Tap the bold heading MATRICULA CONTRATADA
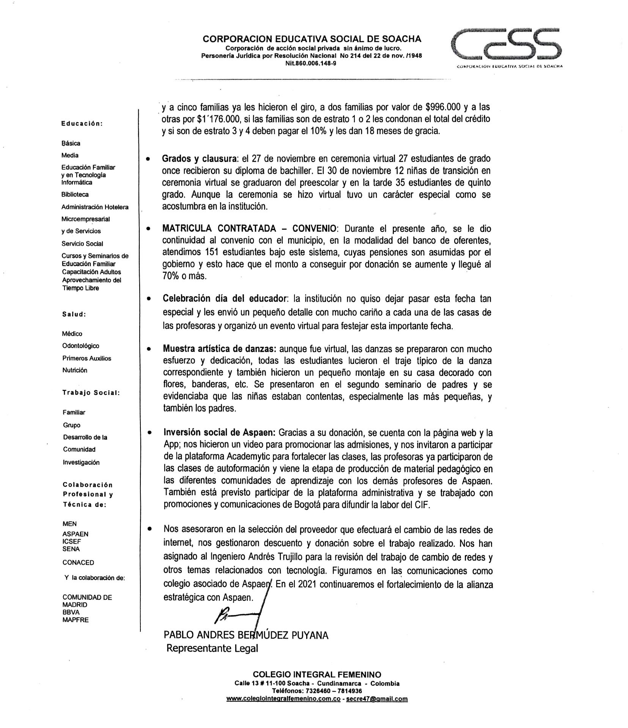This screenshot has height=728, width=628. (219, 228)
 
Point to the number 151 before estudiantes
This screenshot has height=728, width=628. (212, 252)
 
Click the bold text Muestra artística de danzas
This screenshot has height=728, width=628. (219, 349)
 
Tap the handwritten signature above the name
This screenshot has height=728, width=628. (237, 616)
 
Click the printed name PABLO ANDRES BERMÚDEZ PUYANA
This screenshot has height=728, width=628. (246, 635)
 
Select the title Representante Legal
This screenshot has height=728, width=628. (212, 648)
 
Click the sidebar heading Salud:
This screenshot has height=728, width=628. (74, 314)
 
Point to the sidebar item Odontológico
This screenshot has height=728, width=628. (81, 346)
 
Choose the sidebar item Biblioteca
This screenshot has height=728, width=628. (75, 195)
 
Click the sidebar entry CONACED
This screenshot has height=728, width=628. (78, 563)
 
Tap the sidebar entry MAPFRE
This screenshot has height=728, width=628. (76, 620)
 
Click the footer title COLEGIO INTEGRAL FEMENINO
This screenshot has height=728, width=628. (317, 675)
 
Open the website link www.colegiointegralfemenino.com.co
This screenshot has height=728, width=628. (283, 698)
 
